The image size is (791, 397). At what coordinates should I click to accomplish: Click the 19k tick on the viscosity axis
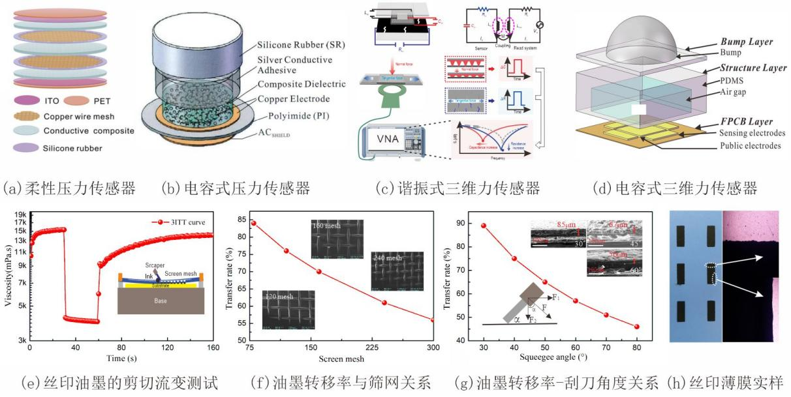(x=20, y=214)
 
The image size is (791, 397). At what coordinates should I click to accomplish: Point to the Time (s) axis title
(x=116, y=358)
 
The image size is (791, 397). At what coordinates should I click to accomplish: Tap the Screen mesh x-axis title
(x=341, y=359)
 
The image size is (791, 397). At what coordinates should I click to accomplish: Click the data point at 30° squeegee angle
(x=484, y=226)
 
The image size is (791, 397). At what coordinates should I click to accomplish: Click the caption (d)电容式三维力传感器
(x=674, y=189)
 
